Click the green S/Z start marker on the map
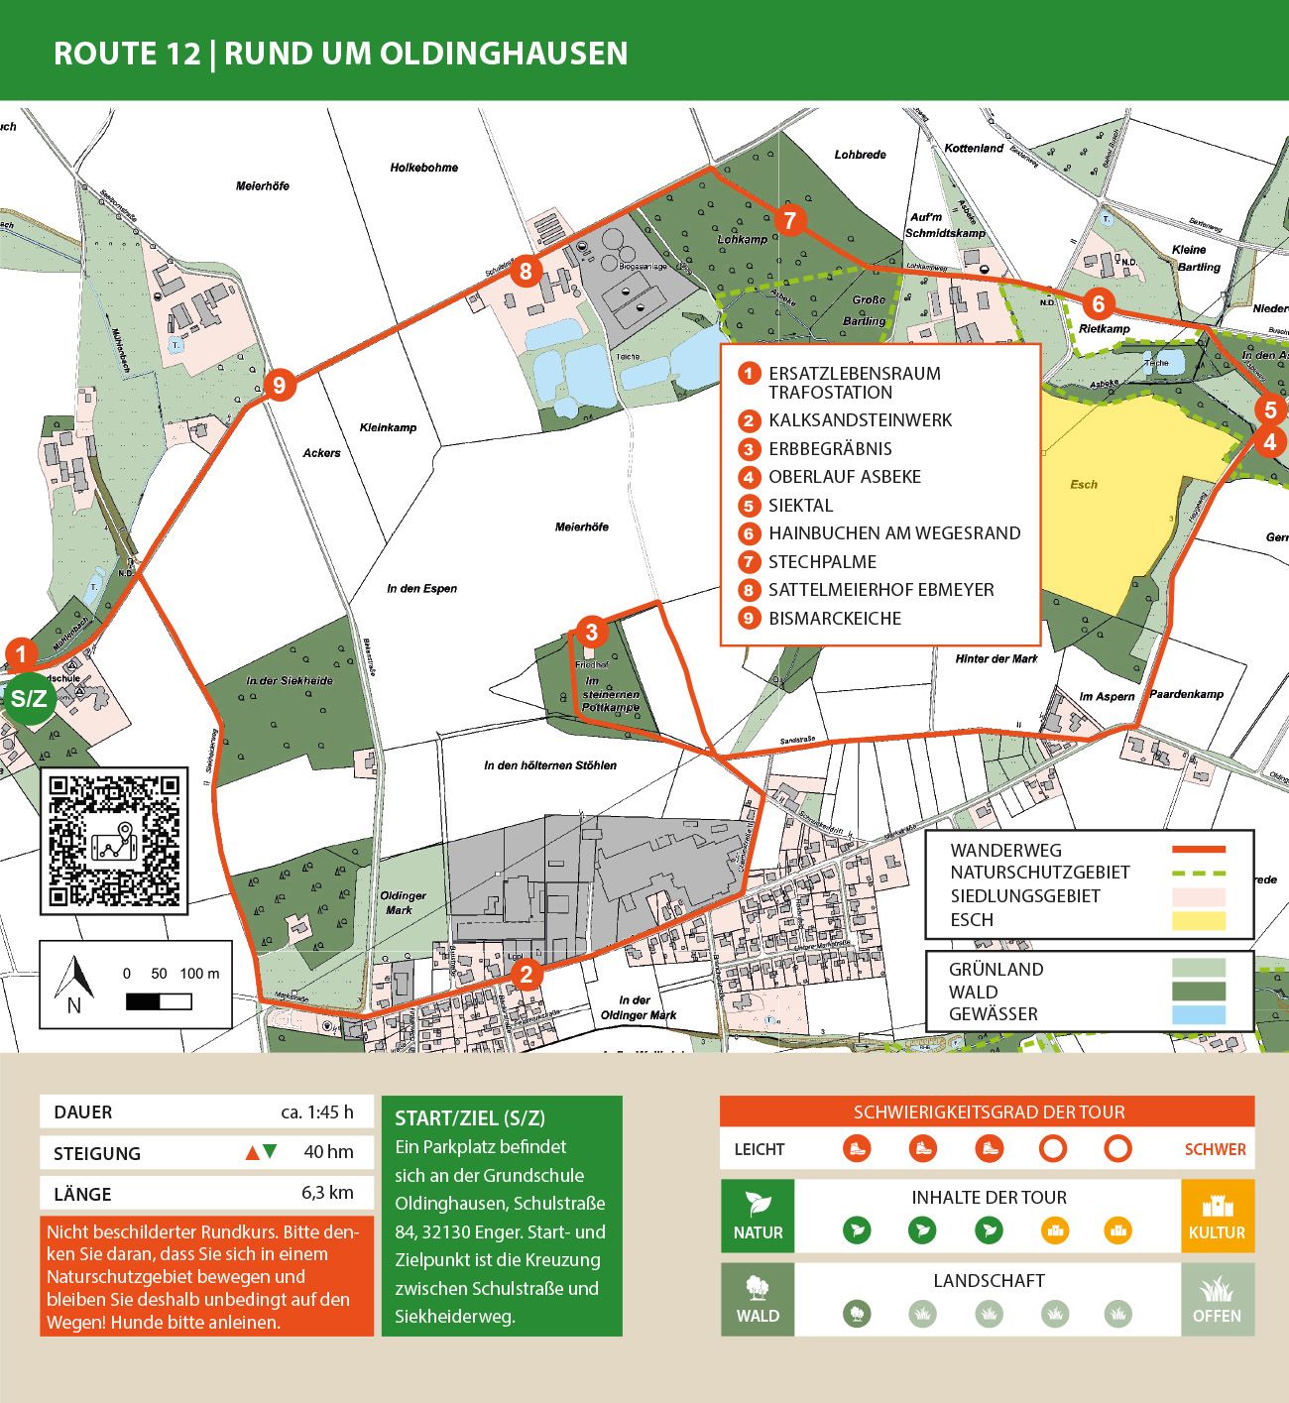point(28,698)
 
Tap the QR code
point(114,841)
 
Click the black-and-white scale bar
point(159,1001)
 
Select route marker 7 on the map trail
point(789,220)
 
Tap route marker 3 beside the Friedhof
point(591,632)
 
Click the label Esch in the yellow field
point(1084,484)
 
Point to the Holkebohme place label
point(423,168)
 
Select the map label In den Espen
point(421,588)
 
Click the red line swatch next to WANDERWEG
point(1198,850)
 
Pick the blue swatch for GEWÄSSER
point(1198,1014)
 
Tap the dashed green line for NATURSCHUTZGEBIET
point(1198,873)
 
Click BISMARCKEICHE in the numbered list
point(834,619)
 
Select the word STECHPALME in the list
point(822,562)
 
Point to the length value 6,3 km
point(327,1193)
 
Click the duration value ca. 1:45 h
point(316,1111)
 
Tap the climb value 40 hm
point(328,1152)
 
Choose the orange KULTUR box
point(1217,1216)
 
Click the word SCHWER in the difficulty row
point(1215,1149)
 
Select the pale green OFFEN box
point(1217,1299)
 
